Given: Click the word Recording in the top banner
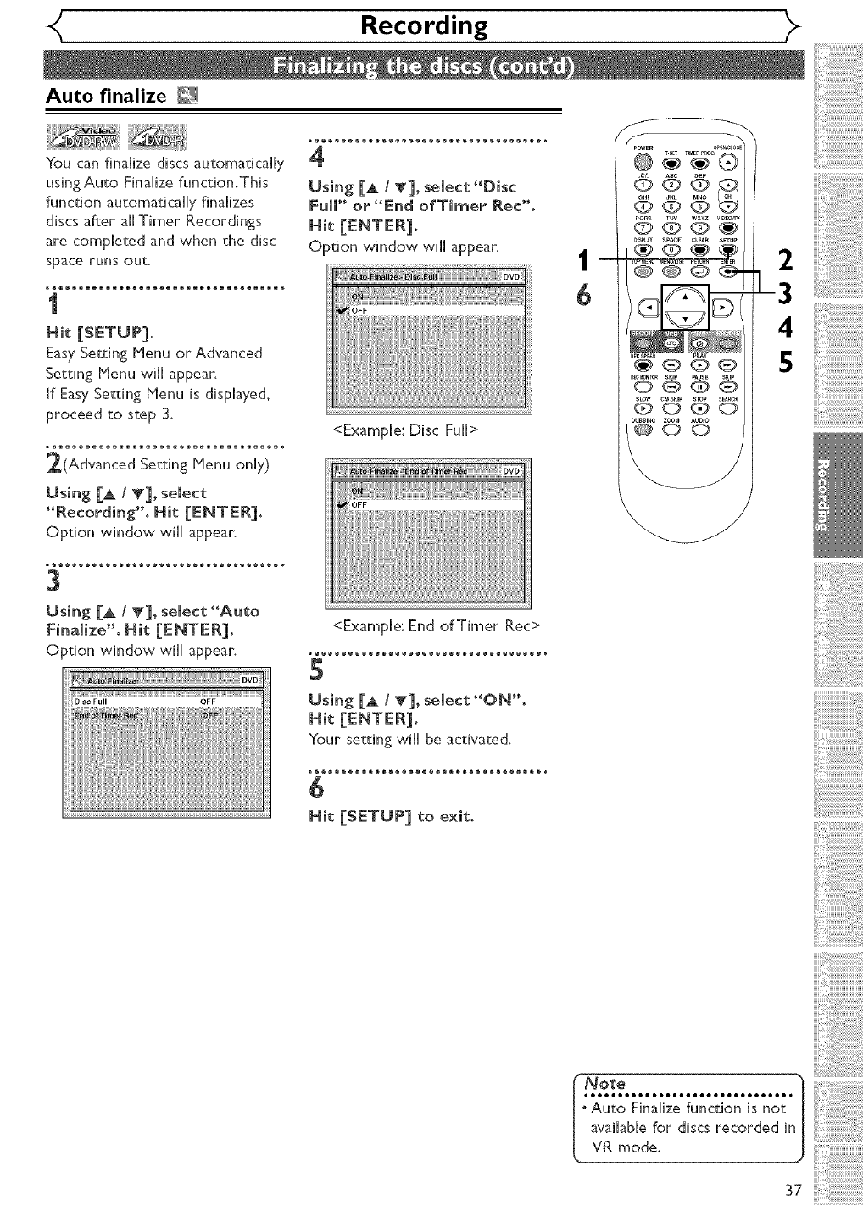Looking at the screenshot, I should point(424,25).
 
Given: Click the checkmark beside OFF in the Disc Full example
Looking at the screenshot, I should point(342,311).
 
